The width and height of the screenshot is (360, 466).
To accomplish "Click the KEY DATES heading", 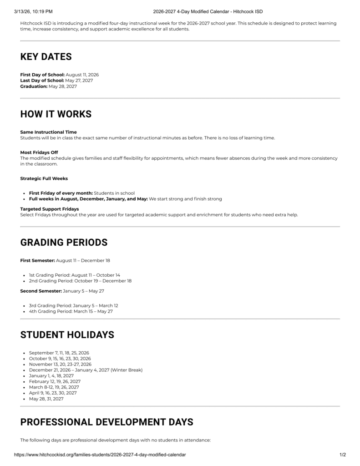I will (46, 57).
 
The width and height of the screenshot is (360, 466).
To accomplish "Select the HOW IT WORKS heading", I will (56, 114).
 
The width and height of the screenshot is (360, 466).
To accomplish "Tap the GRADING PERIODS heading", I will (64, 243).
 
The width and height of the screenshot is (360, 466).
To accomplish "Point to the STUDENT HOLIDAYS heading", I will (67, 335).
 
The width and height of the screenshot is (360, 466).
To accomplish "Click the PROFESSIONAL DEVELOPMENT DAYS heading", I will (106, 422).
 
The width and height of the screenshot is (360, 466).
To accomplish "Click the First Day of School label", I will (42, 75).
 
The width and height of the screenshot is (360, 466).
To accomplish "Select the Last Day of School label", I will (42, 81).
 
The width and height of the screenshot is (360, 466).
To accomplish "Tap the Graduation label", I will (34, 86).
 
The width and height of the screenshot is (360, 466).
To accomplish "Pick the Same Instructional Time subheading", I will (49, 132).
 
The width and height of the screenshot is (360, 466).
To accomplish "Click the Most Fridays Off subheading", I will (39, 152).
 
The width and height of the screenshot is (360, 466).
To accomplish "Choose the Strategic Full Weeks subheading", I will (44, 178).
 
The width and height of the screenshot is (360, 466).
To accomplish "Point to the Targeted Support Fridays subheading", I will (50, 209).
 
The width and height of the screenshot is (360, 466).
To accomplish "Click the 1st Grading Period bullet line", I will (74, 275).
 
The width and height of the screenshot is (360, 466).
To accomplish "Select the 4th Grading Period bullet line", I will (71, 312).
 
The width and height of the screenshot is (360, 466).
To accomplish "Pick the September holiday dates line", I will (59, 353).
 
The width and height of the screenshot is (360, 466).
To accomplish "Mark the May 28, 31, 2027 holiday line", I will (46, 399).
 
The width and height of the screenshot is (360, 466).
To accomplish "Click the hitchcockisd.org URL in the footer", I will (100, 455).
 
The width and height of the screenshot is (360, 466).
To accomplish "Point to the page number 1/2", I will (342, 455).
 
